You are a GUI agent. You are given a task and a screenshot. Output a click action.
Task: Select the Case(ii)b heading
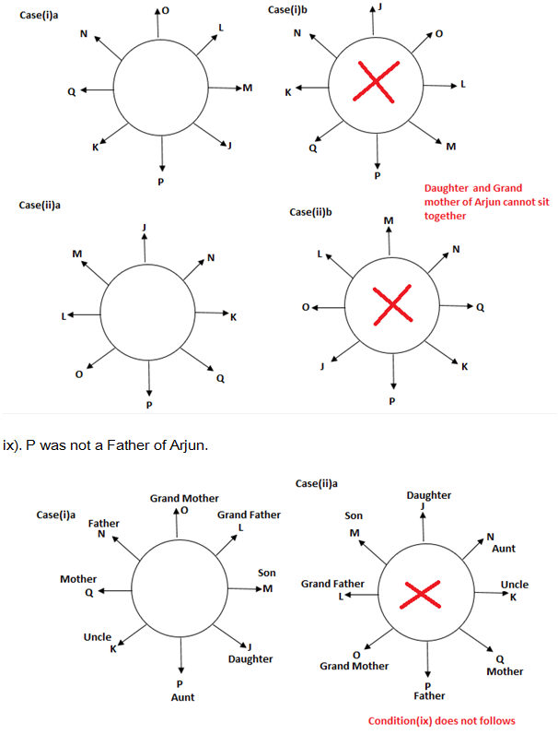pyautogui.click(x=310, y=211)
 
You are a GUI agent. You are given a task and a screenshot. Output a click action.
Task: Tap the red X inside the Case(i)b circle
pyautogui.click(x=375, y=84)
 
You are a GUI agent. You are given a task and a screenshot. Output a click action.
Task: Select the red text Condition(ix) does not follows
pyautogui.click(x=441, y=720)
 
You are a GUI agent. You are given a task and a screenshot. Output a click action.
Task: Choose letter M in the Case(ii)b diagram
pyautogui.click(x=388, y=220)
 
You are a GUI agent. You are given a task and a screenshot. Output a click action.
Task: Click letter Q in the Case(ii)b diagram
pyautogui.click(x=480, y=308)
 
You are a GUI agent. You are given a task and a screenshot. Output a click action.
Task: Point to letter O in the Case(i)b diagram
pyautogui.click(x=438, y=34)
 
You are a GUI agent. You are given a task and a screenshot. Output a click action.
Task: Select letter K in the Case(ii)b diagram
pyautogui.click(x=464, y=367)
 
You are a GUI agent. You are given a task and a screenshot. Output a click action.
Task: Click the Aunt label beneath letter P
pyautogui.click(x=182, y=698)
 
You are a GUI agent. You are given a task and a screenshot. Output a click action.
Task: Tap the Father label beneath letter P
pyautogui.click(x=429, y=695)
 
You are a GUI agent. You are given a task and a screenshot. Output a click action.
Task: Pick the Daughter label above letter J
pyautogui.click(x=428, y=495)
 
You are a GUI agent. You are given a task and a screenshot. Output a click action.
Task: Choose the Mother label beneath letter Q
pyautogui.click(x=505, y=671)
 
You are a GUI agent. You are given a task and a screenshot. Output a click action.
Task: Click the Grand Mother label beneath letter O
pyautogui.click(x=355, y=665)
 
